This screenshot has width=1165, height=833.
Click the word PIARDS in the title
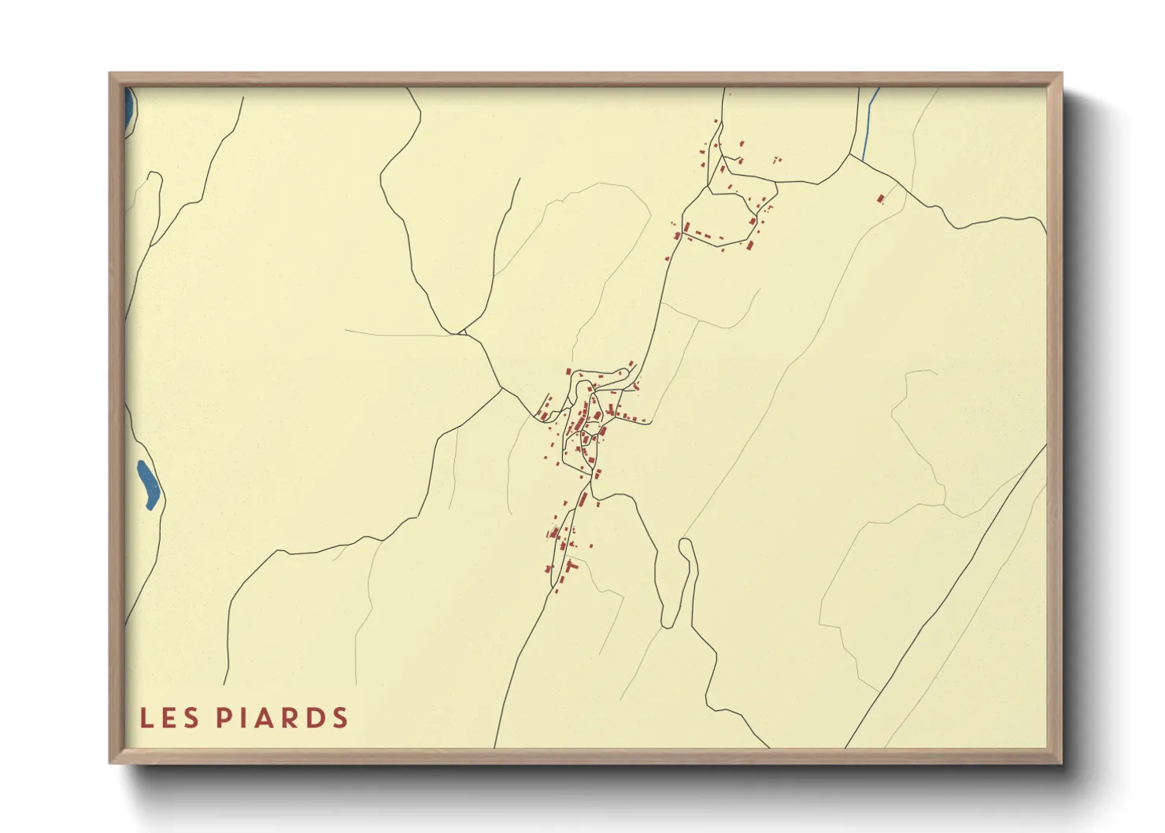(282, 718)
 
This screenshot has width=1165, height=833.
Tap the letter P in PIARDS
(223, 718)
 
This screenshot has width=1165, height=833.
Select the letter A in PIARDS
(264, 718)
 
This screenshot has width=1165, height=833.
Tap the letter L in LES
(146, 718)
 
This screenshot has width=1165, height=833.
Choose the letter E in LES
(168, 718)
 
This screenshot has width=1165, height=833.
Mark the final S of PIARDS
(340, 718)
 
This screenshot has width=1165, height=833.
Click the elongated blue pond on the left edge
(148, 483)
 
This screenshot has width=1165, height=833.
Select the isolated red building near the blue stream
(881, 198)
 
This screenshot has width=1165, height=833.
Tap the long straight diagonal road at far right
(945, 598)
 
